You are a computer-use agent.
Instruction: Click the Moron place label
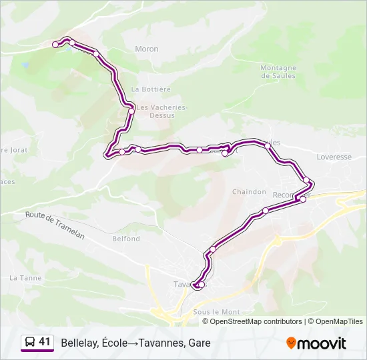click(x=147, y=49)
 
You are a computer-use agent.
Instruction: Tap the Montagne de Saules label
click(x=278, y=72)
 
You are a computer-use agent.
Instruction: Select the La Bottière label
click(x=151, y=89)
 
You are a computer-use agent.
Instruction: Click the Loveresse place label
click(x=334, y=157)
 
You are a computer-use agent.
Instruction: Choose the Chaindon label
click(x=249, y=192)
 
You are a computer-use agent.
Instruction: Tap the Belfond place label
click(x=126, y=239)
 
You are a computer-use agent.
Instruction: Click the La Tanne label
click(x=25, y=278)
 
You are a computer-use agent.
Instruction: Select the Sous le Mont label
click(x=216, y=312)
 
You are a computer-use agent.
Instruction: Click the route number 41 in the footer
click(x=45, y=342)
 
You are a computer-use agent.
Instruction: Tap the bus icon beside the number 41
click(x=30, y=343)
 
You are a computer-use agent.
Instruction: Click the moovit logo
click(x=316, y=343)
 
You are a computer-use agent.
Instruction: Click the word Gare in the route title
click(x=199, y=343)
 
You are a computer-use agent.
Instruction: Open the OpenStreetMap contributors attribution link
click(x=256, y=321)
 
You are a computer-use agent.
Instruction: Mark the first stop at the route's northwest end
click(x=55, y=45)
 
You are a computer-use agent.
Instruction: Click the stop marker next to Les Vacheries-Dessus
click(x=131, y=111)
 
